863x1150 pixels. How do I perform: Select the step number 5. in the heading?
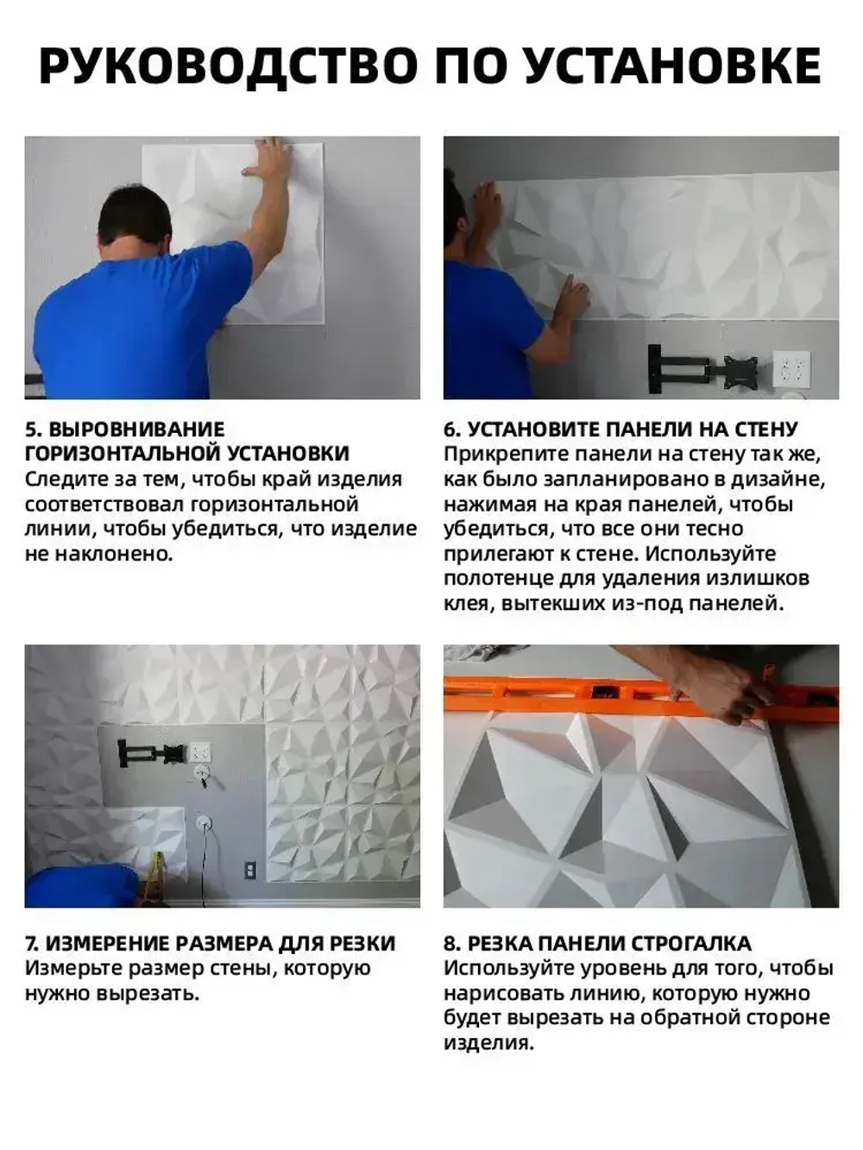pos(33,430)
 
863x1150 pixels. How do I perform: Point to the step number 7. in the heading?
pos(33,944)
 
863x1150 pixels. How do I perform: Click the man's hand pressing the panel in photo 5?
pos(268,159)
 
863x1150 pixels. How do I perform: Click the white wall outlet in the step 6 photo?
pos(791,368)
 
